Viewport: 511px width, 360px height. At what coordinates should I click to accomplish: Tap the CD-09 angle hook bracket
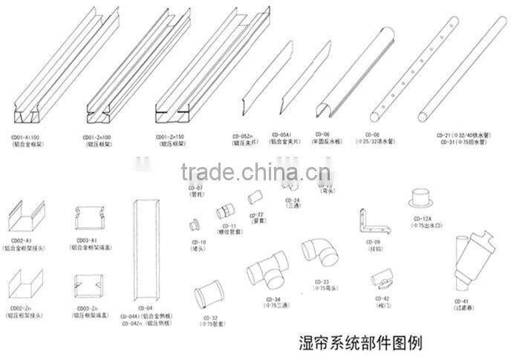tap(371, 221)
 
